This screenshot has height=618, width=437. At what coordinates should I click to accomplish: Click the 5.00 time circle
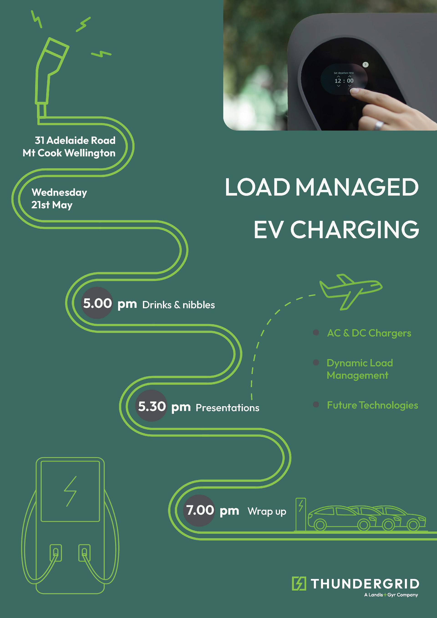point(97,303)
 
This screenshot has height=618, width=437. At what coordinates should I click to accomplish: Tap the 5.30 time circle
point(152,406)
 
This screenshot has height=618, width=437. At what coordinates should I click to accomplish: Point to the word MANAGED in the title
point(357,187)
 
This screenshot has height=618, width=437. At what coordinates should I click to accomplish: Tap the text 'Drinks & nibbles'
point(178,305)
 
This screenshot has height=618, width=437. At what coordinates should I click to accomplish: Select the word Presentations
point(227,407)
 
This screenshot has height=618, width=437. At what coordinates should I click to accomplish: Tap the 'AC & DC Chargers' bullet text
point(369,333)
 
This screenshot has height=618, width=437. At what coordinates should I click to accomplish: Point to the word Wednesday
point(59,192)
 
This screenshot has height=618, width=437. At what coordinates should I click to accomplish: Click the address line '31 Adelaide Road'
point(75,140)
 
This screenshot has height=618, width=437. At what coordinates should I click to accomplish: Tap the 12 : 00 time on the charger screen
point(344,81)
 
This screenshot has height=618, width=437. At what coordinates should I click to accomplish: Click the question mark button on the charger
point(365,65)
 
